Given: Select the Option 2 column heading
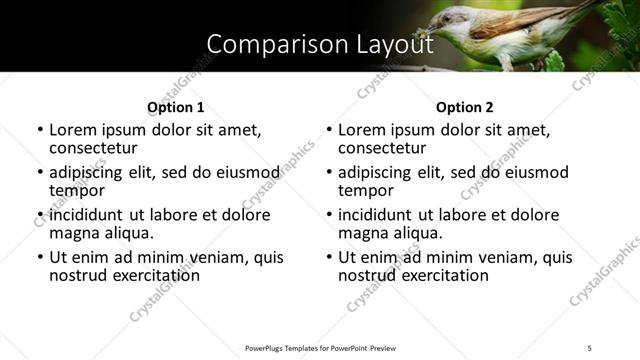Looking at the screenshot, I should (465, 106).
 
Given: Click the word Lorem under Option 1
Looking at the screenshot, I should (73, 130).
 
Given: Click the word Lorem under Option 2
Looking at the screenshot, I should (362, 130).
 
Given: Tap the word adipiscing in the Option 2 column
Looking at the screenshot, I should (377, 172).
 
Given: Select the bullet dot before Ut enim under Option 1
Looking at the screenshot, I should (40, 257).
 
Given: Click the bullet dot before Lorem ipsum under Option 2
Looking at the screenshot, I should (329, 130).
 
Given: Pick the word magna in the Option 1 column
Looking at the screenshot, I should (73, 233).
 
